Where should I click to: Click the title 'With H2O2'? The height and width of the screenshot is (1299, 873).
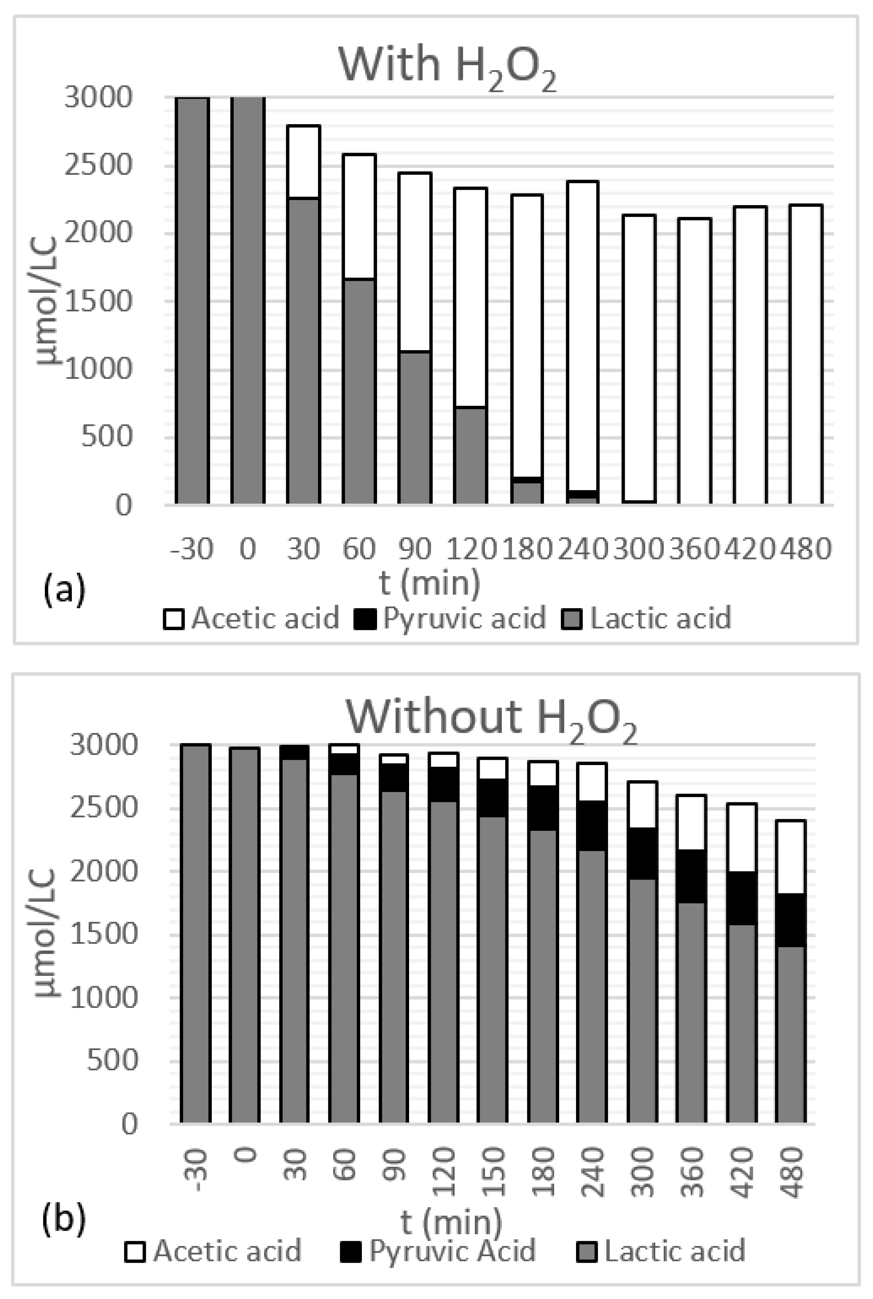[x=447, y=65]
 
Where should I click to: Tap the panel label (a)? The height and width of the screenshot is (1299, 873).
[x=64, y=589]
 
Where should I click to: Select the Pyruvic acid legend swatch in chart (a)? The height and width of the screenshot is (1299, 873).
[x=364, y=618]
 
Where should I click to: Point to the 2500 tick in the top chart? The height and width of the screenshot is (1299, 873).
[x=99, y=165]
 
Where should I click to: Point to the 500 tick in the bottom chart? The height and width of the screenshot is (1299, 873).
[x=111, y=1060]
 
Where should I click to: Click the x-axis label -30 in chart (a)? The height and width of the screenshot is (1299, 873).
[x=191, y=549]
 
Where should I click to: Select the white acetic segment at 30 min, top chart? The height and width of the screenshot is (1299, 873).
[x=304, y=161]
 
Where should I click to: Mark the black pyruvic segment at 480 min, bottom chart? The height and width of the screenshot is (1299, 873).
[x=791, y=920]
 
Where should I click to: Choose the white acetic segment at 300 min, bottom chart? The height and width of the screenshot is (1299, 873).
[x=643, y=805]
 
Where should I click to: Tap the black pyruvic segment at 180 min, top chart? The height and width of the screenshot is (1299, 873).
[x=526, y=479]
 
